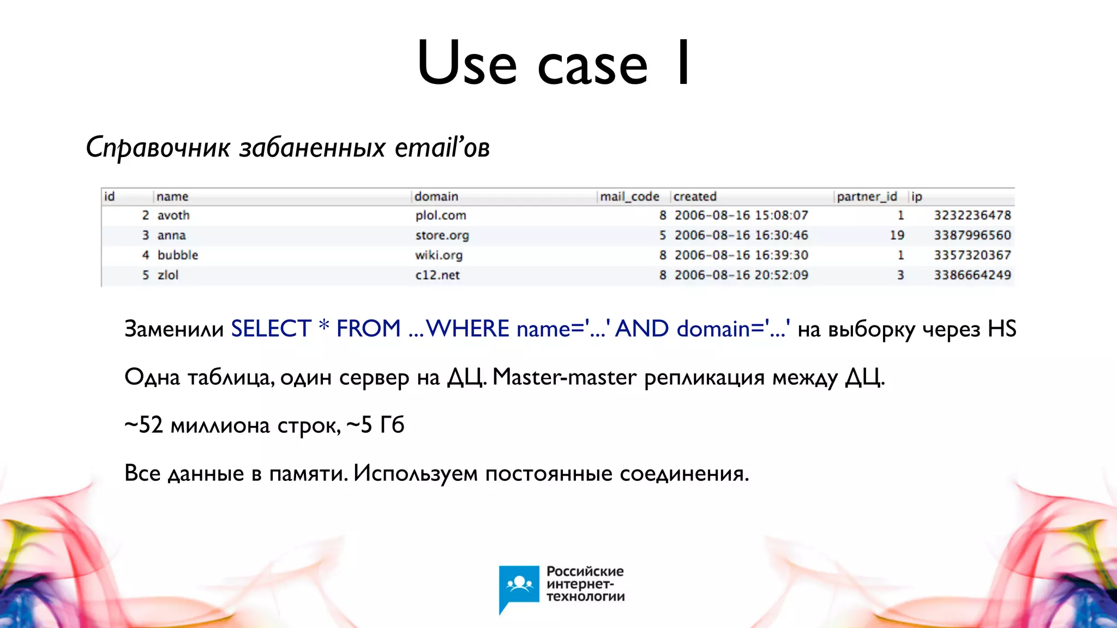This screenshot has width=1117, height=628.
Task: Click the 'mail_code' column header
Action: tap(629, 196)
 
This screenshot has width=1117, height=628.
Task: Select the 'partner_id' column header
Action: tap(867, 196)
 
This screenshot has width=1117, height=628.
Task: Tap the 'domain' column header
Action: tap(436, 196)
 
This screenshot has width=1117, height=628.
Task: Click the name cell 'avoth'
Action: tap(173, 215)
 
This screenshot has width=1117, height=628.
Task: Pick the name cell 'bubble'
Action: tap(178, 255)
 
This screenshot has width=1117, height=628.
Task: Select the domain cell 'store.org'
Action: tap(442, 235)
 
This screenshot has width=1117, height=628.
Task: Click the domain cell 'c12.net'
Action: tap(437, 275)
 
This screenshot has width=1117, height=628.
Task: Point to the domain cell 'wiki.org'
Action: tap(439, 255)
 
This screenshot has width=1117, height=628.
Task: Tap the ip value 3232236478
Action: tap(972, 215)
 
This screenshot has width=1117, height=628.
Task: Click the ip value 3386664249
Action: tap(972, 275)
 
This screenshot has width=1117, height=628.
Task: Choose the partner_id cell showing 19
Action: tap(897, 235)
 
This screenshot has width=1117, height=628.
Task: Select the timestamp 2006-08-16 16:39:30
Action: tap(741, 255)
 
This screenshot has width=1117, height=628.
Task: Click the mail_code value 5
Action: tap(662, 235)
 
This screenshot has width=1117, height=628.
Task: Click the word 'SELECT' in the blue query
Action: tap(271, 329)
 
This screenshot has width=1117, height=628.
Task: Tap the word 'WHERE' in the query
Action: tap(468, 329)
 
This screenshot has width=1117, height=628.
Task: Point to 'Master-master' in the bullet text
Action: tap(564, 377)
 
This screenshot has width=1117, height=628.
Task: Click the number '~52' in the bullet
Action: tap(143, 425)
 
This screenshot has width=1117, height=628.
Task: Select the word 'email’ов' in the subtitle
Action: tap(442, 147)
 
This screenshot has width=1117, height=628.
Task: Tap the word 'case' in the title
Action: tap(593, 64)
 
